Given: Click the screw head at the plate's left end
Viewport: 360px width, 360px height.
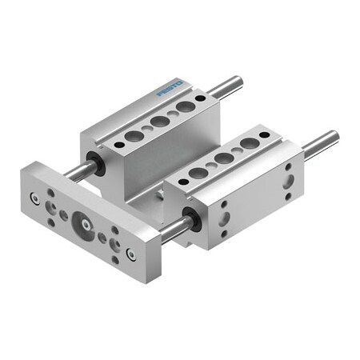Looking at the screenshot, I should point(33,196).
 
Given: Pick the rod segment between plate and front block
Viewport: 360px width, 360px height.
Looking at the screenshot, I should point(169,232).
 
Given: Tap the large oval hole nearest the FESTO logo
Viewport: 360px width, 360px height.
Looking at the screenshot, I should point(185,106).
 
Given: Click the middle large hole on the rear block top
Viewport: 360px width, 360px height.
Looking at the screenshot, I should point(159,122).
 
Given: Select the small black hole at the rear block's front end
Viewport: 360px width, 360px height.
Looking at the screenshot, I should point(119,145).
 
